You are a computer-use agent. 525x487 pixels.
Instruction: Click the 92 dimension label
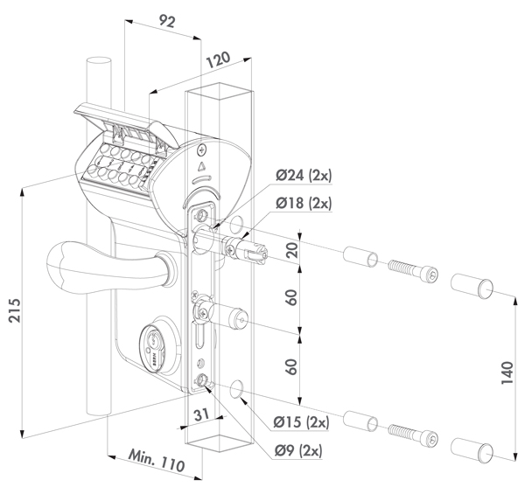(167, 21)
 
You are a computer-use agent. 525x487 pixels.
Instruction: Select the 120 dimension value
(218, 59)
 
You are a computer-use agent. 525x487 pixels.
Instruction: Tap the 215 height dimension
(15, 310)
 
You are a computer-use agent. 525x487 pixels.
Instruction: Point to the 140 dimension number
(507, 372)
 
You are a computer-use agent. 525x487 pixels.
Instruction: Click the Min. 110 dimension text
(157, 461)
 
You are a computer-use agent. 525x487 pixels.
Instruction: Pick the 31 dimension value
(202, 415)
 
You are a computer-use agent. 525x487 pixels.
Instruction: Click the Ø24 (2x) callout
(304, 175)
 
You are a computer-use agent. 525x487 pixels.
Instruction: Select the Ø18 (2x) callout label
(304, 203)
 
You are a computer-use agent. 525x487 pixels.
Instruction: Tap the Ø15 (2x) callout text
(301, 422)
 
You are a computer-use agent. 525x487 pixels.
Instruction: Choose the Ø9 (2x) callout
(298, 450)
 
